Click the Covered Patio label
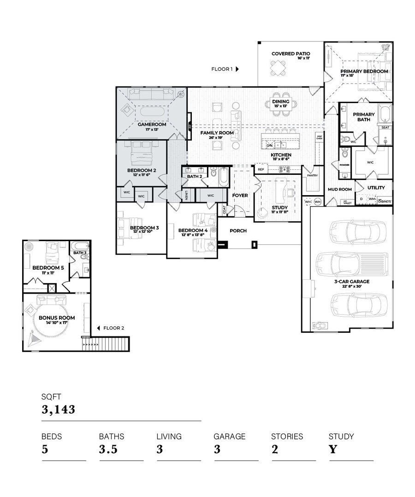[x=290, y=54]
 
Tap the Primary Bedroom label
[x=364, y=71]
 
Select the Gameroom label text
[x=152, y=124]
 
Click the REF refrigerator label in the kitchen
[x=261, y=169]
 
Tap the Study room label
[x=279, y=208]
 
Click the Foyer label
[x=240, y=195]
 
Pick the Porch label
[x=238, y=231]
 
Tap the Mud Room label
[x=339, y=189]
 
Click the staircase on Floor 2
[x=111, y=344]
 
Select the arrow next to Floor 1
[x=237, y=69]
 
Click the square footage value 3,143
[x=58, y=409]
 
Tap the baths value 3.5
[x=108, y=449]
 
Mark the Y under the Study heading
[x=332, y=449]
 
